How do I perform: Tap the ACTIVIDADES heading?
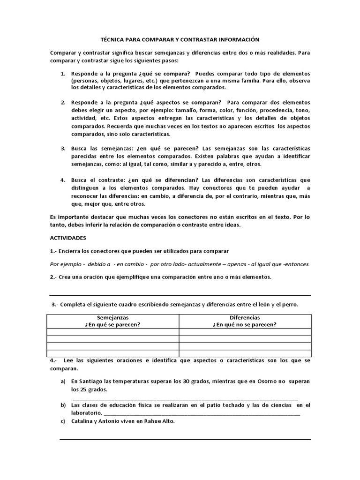68,238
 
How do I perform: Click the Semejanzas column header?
112,317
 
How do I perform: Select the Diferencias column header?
245,317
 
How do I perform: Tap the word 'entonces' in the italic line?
296,264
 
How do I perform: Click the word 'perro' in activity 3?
289,305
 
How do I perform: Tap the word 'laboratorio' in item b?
86,413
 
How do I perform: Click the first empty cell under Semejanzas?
112,332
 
